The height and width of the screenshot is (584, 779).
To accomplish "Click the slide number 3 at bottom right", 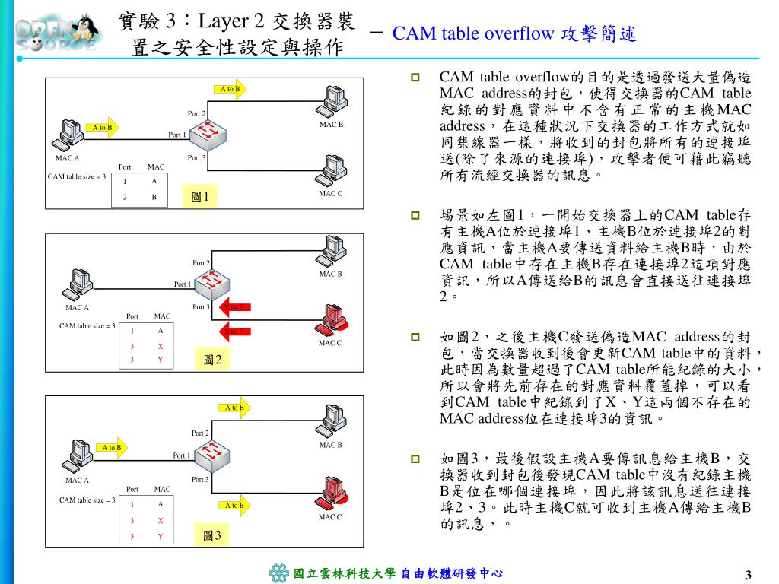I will coord(748,573).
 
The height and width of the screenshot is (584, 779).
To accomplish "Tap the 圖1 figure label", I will coord(200,198).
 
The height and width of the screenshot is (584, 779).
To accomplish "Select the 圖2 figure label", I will coord(212,360).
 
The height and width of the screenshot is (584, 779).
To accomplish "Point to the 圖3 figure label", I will coord(212,536).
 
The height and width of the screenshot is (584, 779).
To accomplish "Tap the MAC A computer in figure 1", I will coord(70,135).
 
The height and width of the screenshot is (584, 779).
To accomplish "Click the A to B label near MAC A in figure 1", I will coord(102,128).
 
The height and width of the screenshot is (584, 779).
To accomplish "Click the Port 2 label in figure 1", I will coord(197,113).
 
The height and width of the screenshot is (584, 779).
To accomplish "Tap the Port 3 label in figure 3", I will coord(199,480).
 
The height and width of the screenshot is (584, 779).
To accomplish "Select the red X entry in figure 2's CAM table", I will coord(161,346).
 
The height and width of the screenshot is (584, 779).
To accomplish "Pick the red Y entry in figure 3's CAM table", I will coord(161,536).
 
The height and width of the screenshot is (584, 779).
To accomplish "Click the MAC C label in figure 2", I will coord(330,343).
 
